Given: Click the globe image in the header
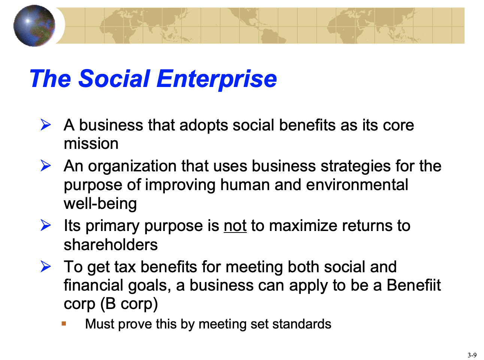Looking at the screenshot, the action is (34, 25).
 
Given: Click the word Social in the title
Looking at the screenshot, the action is (114, 78).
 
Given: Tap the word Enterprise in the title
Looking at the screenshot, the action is (217, 80).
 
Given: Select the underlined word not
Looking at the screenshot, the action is (235, 226).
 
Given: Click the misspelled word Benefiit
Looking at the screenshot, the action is (414, 285).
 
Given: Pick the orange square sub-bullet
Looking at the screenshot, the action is (64, 323).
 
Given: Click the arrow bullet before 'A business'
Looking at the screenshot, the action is (46, 125).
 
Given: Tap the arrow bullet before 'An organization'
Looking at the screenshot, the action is (46, 165).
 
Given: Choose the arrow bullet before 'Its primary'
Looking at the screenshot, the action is (46, 225).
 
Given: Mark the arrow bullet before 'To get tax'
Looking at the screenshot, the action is (46, 267).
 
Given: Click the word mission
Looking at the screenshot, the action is (91, 144).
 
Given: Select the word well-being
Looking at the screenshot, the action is (100, 204).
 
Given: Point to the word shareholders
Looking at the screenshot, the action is (111, 244).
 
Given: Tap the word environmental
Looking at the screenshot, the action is (357, 185).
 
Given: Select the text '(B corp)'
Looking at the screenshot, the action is (129, 304).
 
